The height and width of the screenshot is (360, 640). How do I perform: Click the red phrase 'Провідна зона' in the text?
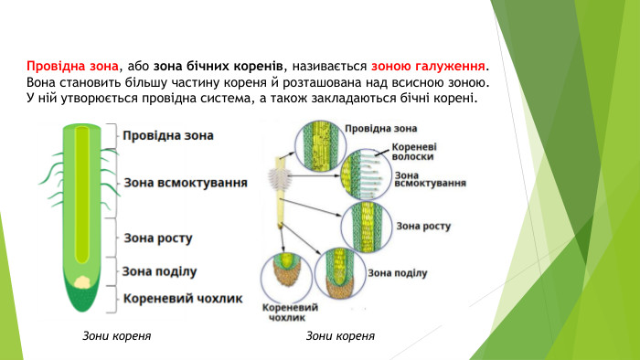point(73,66)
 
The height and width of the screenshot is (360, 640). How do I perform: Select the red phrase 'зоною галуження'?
point(429,66)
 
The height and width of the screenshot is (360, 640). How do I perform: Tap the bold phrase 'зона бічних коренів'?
point(219,66)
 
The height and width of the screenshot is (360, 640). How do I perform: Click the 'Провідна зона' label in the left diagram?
point(168,135)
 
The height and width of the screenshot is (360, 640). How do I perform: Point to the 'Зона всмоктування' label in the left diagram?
point(186,183)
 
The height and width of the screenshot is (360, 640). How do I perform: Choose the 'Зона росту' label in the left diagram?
point(157,238)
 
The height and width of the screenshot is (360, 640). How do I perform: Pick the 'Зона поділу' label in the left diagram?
point(159,270)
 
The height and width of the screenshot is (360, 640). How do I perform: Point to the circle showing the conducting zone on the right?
point(321,145)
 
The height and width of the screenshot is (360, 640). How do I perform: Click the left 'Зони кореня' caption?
point(115,336)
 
